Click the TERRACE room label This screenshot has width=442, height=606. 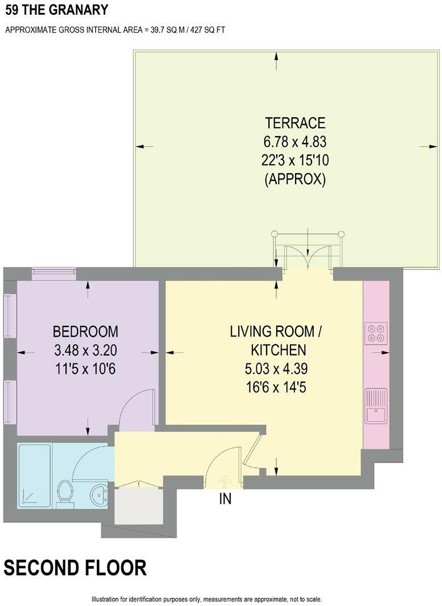(295, 123)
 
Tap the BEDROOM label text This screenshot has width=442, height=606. (85, 331)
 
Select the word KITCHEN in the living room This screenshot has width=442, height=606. (278, 350)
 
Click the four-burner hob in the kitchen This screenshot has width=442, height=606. (376, 333)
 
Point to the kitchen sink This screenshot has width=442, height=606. (376, 406)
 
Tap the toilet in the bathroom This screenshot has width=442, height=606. (64, 493)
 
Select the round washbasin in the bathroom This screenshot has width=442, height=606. (100, 494)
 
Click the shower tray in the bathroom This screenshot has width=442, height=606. (34, 476)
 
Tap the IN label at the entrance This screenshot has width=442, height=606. (225, 499)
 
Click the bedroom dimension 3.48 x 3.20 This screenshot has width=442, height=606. (85, 350)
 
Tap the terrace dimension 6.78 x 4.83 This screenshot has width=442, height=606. (295, 142)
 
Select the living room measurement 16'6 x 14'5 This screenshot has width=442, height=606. (276, 387)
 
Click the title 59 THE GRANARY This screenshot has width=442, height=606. (57, 10)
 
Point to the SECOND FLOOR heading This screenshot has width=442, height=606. (75, 568)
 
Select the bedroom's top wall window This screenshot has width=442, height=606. (54, 273)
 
